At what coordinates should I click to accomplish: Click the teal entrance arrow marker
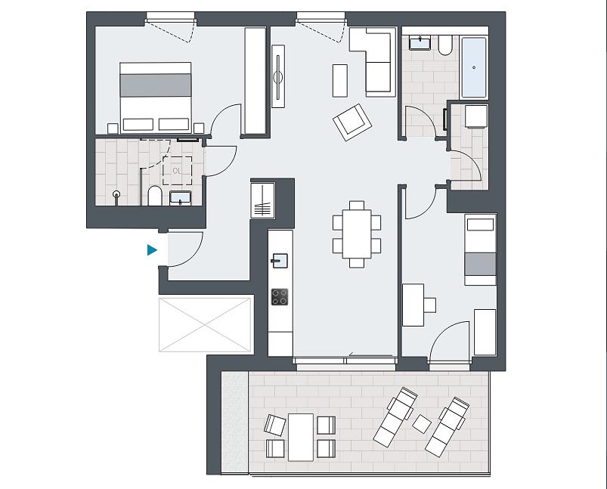click(x=152, y=250)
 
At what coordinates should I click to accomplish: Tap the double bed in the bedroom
click(x=156, y=97)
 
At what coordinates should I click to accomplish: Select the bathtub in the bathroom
click(x=474, y=67)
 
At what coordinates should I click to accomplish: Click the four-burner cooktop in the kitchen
click(x=280, y=297)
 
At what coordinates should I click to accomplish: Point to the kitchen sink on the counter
click(x=280, y=261)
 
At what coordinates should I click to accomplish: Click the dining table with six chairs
click(x=357, y=234)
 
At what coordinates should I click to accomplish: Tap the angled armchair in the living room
click(x=352, y=122)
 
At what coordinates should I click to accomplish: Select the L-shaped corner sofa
click(x=373, y=62)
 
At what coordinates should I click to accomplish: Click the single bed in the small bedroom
click(x=481, y=249)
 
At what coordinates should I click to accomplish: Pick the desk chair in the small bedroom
click(x=429, y=305)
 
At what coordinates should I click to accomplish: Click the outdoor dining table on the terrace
click(x=301, y=437)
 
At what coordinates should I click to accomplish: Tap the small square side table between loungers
click(x=422, y=424)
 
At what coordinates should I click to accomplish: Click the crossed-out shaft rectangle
click(x=205, y=324)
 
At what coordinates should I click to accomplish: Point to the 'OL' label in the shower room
click(x=177, y=171)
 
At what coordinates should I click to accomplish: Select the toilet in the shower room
click(x=155, y=196)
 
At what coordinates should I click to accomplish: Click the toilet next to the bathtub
click(x=445, y=45)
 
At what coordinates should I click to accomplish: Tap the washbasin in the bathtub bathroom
click(x=420, y=42)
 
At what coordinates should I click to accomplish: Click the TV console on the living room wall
click(x=278, y=76)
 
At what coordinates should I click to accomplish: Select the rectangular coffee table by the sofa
click(x=340, y=81)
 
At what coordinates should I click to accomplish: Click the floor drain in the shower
click(x=116, y=194)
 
